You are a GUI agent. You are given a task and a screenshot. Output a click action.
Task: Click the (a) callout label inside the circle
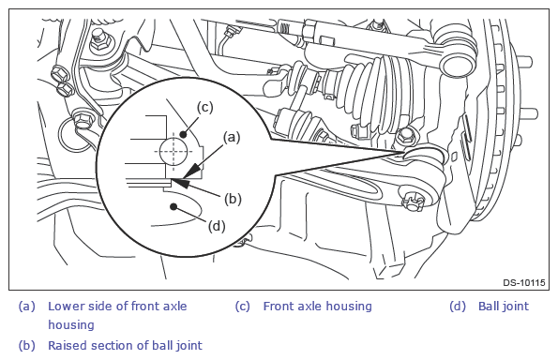(232, 137)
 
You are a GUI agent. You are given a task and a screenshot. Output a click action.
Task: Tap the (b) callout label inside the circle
(233, 199)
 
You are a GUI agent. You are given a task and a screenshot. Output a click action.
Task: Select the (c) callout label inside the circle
(205, 107)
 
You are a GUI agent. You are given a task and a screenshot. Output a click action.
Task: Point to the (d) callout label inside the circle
(217, 226)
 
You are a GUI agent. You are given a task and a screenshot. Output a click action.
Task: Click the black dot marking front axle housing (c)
(183, 134)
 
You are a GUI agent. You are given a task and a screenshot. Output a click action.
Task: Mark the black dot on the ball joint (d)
(173, 206)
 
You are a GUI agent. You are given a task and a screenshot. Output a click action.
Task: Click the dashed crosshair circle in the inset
(173, 151)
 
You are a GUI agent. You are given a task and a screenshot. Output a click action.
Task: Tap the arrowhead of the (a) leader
(190, 171)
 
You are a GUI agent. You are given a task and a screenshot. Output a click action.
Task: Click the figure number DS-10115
(524, 283)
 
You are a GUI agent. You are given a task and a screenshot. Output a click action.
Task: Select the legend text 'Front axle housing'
(317, 307)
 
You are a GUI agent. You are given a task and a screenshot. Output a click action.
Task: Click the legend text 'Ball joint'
(504, 307)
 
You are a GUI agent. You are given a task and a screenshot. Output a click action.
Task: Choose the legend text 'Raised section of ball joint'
(125, 345)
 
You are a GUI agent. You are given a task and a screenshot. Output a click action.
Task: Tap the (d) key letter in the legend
(458, 307)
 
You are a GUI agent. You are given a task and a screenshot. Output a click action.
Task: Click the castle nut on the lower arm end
(413, 201)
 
